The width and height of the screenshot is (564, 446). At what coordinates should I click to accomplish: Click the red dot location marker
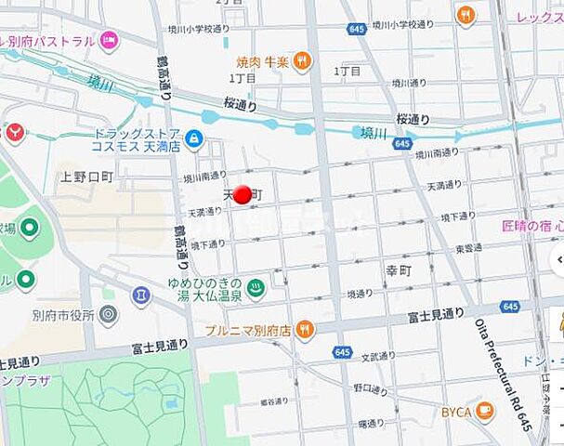pyautogui.click(x=242, y=194)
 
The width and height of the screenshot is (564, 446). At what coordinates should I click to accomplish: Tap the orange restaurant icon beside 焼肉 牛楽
pyautogui.click(x=302, y=62)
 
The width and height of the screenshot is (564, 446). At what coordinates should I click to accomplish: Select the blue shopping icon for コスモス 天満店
pyautogui.click(x=194, y=139)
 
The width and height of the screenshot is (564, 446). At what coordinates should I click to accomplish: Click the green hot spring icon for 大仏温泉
pyautogui.click(x=257, y=289)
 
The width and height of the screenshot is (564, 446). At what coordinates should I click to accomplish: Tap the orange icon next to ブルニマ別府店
pyautogui.click(x=305, y=330)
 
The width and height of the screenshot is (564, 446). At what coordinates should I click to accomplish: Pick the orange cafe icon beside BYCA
pyautogui.click(x=484, y=410)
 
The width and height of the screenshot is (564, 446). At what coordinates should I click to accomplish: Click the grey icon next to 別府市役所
pyautogui.click(x=109, y=314)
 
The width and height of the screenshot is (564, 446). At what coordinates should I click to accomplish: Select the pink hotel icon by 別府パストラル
pyautogui.click(x=110, y=40)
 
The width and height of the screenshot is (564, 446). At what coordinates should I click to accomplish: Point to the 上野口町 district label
pyautogui.click(x=86, y=176)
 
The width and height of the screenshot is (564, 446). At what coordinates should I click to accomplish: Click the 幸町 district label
pyautogui.click(x=398, y=269)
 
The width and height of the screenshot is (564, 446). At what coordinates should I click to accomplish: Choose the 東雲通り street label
pyautogui.click(x=468, y=248)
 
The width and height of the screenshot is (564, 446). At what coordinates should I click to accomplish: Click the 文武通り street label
pyautogui.click(x=379, y=356)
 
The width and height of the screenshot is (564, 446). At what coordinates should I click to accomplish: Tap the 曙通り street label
pyautogui.click(x=370, y=424)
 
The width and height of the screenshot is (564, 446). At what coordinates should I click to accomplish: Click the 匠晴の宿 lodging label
pyautogui.click(x=533, y=226)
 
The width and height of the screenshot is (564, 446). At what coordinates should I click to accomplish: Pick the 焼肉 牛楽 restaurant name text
pyautogui.click(x=262, y=62)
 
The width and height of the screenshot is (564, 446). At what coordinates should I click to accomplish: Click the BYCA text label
pyautogui.click(x=455, y=411)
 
